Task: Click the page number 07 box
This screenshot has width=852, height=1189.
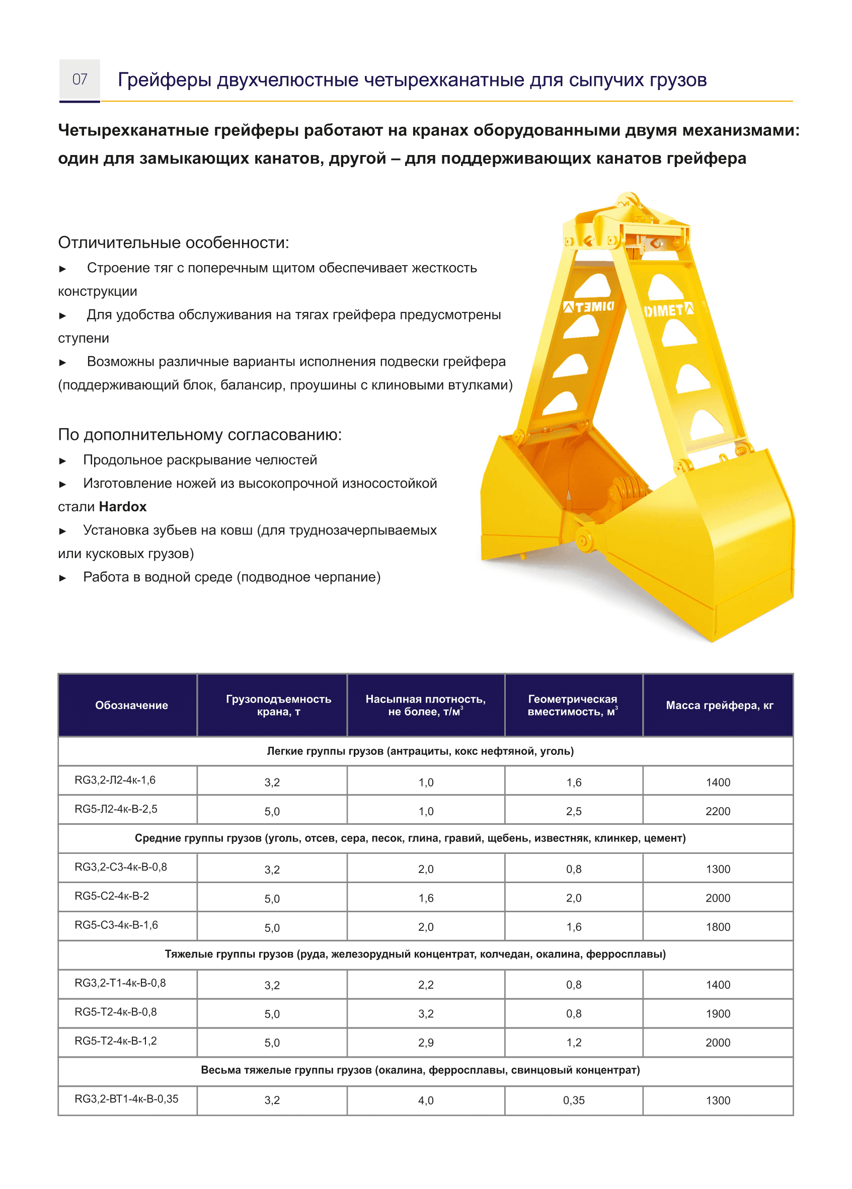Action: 79,80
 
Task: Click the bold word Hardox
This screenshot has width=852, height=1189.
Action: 123,506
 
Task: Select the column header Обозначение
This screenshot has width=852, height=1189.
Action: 131,705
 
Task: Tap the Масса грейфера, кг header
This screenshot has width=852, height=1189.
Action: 719,705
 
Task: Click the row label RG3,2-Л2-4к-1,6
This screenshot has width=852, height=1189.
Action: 115,779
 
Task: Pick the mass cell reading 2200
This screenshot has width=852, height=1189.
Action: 717,811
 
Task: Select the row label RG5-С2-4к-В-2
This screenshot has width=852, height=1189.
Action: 112,896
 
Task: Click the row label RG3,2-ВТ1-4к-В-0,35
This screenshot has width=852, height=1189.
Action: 126,1098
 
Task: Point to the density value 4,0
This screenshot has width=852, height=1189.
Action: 425,1100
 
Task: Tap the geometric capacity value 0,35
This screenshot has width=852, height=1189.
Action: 573,1100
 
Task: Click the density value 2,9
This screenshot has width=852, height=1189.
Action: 425,1042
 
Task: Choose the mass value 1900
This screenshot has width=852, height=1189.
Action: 717,1013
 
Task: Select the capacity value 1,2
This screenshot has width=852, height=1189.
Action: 573,1042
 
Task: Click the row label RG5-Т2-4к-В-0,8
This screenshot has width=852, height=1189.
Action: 115,1011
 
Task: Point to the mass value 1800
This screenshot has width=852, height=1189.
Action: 717,926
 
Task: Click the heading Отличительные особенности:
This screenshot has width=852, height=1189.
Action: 173,242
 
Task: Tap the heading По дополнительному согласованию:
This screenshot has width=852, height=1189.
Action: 199,434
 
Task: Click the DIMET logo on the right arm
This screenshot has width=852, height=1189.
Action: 668,310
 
